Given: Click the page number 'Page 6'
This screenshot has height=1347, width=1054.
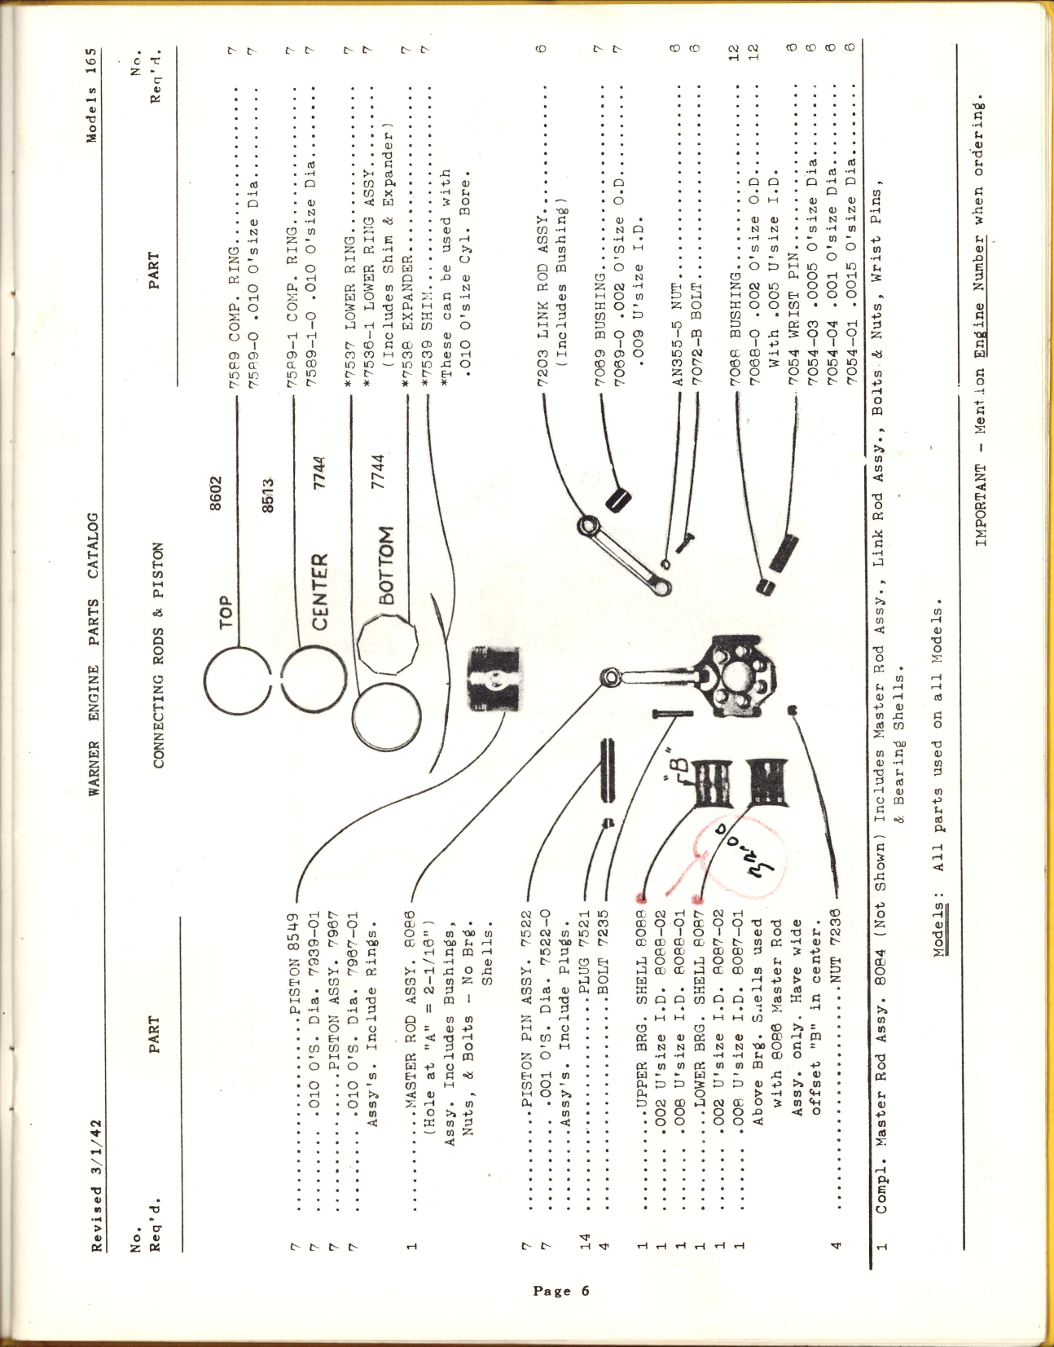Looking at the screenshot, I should [560, 1291].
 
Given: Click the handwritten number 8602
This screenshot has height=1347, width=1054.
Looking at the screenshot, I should [216, 493].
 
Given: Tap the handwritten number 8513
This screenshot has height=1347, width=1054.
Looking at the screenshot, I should [268, 495].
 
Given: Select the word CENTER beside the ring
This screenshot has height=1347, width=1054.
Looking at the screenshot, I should [320, 591].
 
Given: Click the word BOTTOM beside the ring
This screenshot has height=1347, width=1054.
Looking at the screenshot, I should [386, 565].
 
